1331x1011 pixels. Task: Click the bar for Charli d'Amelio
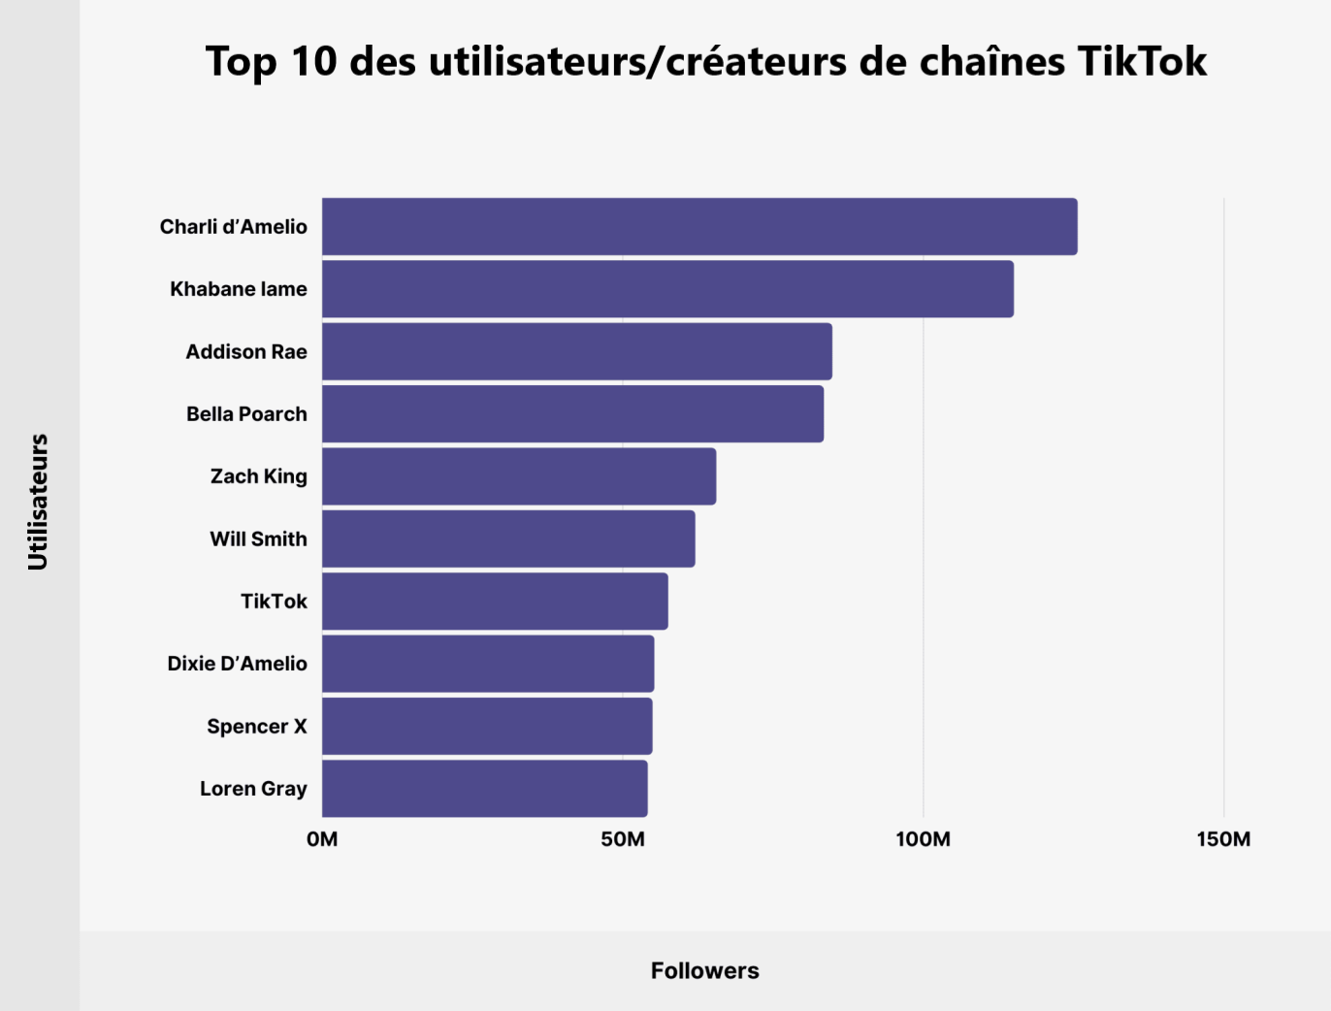coord(698,227)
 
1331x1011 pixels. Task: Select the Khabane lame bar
coord(667,289)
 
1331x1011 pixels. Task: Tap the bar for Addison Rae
coord(576,351)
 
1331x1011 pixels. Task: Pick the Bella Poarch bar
coord(572,414)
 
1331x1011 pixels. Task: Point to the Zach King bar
coord(519,476)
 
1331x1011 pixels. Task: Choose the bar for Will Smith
coord(508,538)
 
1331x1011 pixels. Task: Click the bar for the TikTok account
coord(495,602)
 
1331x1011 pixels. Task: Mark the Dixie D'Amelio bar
coord(488,664)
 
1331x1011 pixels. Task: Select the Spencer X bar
coord(487,726)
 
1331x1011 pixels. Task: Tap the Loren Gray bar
coord(484,789)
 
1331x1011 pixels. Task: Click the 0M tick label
coord(322,839)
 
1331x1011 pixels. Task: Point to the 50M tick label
coord(623,839)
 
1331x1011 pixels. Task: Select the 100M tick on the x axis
coord(923,839)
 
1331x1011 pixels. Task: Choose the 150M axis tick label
coord(1223,839)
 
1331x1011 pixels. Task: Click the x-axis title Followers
coord(704,971)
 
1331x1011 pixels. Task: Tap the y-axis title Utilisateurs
coord(38,502)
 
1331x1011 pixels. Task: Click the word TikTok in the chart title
coord(1142,61)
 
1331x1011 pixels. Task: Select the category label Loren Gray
coord(253,789)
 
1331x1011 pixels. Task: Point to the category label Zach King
coord(258,476)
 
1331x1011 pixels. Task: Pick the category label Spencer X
coord(256,727)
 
